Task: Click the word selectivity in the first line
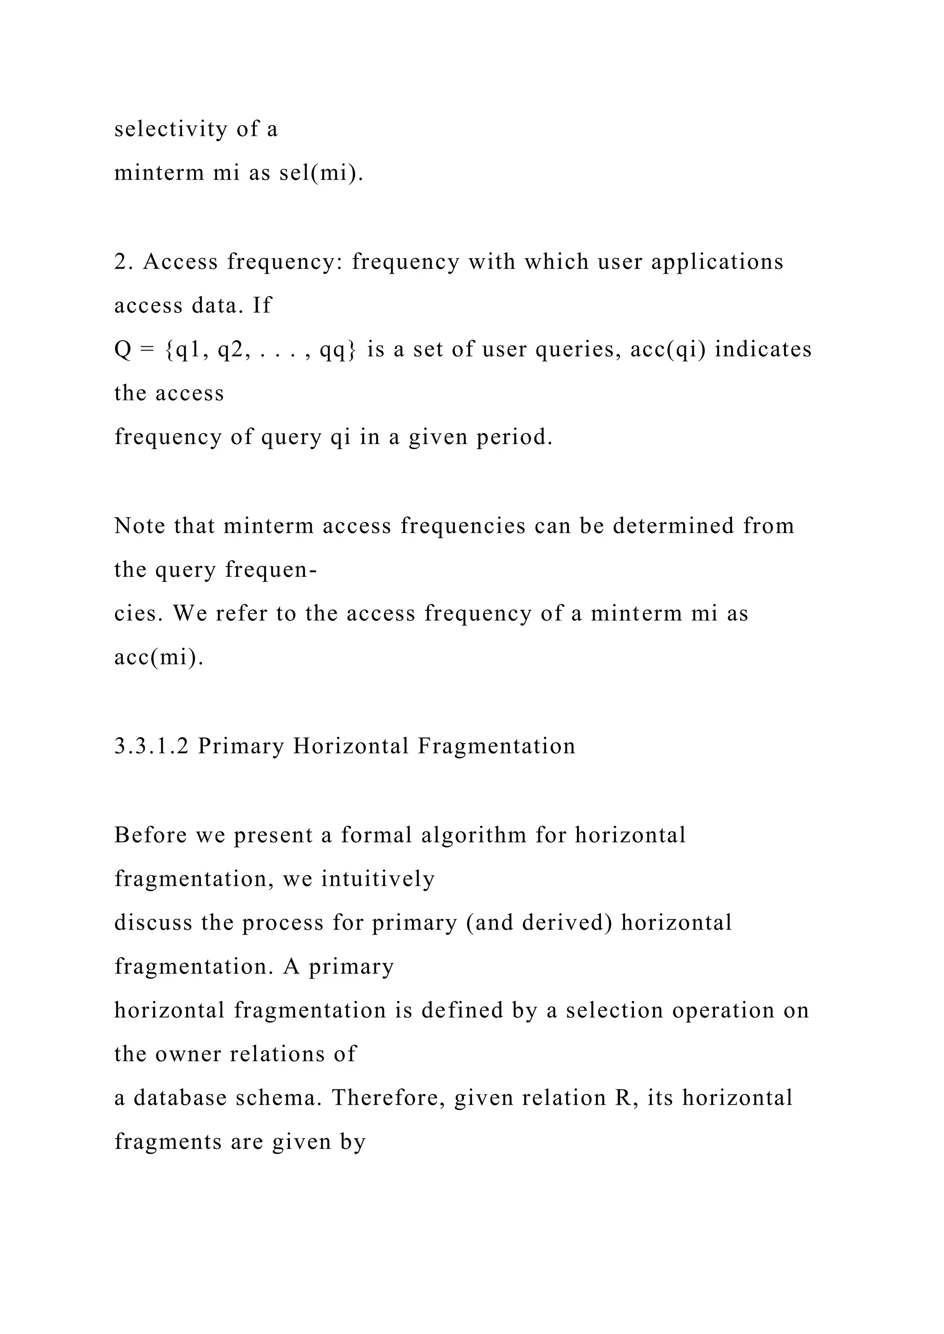(170, 129)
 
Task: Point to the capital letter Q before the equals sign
(123, 350)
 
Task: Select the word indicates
(763, 350)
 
